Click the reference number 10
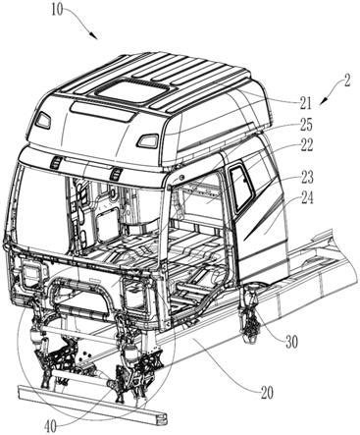pos(57,10)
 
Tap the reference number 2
pos(346,82)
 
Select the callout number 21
pos(305,104)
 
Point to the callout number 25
pos(306,125)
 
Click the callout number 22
pos(306,145)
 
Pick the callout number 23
pos(306,178)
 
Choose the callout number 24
pos(306,198)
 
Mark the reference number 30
pos(290,343)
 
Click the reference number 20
pos(267,393)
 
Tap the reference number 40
pos(51,426)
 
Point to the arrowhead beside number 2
pos(323,101)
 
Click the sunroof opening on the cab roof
pos(131,89)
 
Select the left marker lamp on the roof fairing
pos(43,120)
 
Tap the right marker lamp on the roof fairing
pos(148,140)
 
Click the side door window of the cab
pos(241,188)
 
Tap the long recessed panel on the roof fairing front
pos(102,112)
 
